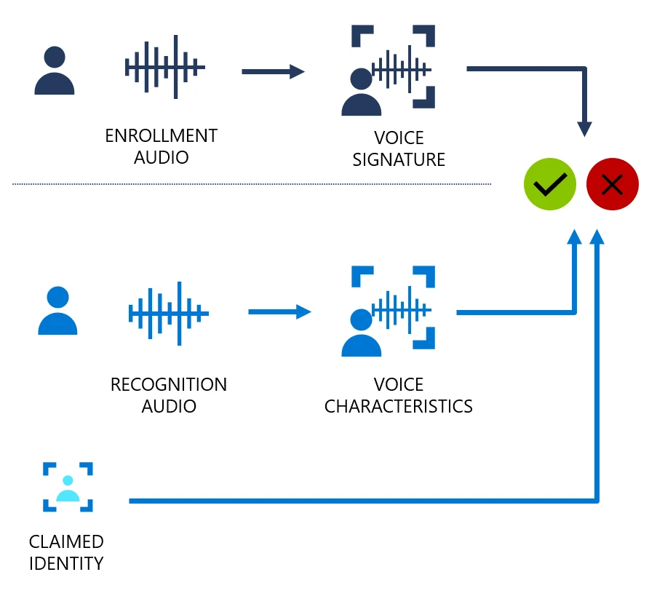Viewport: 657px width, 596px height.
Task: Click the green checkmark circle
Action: pyautogui.click(x=550, y=185)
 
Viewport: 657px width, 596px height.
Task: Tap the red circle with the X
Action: pyautogui.click(x=613, y=185)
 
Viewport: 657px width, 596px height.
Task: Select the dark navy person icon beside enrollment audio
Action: pyautogui.click(x=55, y=71)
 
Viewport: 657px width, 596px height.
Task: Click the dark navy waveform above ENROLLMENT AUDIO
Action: pyautogui.click(x=165, y=68)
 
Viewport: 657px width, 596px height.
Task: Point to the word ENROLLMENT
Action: pyautogui.click(x=161, y=136)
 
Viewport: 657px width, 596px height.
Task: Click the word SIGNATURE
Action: pyautogui.click(x=399, y=159)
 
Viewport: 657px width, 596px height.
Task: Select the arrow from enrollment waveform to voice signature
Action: pyautogui.click(x=273, y=71)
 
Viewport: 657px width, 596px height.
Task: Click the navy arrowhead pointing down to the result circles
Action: pyautogui.click(x=584, y=128)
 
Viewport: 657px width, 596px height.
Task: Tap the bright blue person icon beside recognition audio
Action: pyautogui.click(x=57, y=311)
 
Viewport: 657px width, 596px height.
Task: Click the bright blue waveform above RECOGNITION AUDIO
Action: pyautogui.click(x=169, y=314)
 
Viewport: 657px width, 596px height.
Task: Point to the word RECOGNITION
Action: pyautogui.click(x=168, y=384)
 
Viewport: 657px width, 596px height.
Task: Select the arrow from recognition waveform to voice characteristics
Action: pyautogui.click(x=279, y=312)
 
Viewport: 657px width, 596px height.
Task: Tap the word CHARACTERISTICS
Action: pyautogui.click(x=399, y=406)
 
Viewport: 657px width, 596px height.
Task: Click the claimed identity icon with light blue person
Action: pyautogui.click(x=68, y=486)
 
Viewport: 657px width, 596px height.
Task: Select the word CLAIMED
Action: pyautogui.click(x=66, y=541)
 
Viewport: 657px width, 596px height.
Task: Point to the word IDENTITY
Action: pyautogui.click(x=66, y=563)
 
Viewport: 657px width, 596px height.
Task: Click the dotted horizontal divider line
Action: pyautogui.click(x=251, y=184)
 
